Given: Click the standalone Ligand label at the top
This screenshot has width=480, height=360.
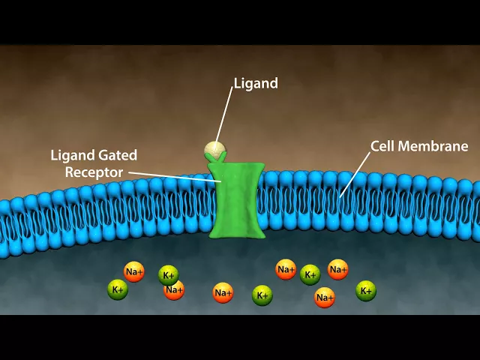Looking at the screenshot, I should pos(256,83).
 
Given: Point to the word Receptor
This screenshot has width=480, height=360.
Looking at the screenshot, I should pos(93,172).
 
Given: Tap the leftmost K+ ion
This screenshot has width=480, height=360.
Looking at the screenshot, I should pos(118,289).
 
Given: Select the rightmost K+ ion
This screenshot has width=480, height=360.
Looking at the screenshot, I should pos(365,290).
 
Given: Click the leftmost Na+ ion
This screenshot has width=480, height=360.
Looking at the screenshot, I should pos(134,271).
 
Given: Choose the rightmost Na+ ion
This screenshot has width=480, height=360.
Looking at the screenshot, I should pos(338,269).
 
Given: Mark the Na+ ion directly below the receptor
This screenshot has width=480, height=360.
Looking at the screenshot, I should pos(223,293).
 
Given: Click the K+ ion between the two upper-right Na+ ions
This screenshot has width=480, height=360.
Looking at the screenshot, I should pos(310,274).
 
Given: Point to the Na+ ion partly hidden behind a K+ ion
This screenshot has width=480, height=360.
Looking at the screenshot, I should pos(175,290).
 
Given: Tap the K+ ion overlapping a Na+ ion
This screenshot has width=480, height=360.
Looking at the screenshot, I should pos(168,275).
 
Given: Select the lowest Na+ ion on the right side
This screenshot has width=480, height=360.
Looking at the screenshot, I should pos(325,298).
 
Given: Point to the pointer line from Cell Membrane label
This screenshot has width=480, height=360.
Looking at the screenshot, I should pos(356,172).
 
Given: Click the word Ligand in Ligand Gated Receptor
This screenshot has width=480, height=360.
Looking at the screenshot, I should pos(71,156).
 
